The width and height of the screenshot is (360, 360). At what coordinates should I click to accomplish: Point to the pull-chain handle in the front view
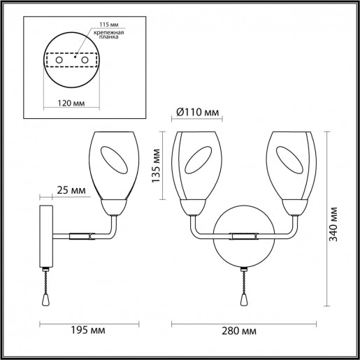pyautogui.click(x=245, y=298)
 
